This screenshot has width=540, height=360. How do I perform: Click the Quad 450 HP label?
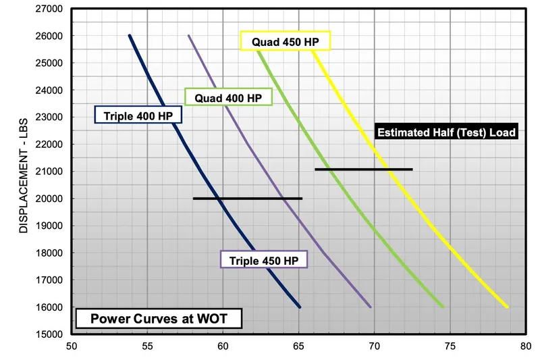click(286, 41)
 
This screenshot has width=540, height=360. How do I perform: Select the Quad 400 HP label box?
click(228, 98)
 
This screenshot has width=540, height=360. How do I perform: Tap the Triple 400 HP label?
click(138, 116)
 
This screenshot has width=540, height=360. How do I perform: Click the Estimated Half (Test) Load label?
click(446, 132)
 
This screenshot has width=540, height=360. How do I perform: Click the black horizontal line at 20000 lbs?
click(247, 199)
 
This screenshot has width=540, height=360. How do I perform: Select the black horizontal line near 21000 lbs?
click(363, 170)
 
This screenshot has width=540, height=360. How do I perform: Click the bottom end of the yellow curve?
click(507, 307)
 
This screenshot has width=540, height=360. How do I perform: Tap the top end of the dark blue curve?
click(130, 36)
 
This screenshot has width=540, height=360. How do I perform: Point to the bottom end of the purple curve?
click(371, 307)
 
